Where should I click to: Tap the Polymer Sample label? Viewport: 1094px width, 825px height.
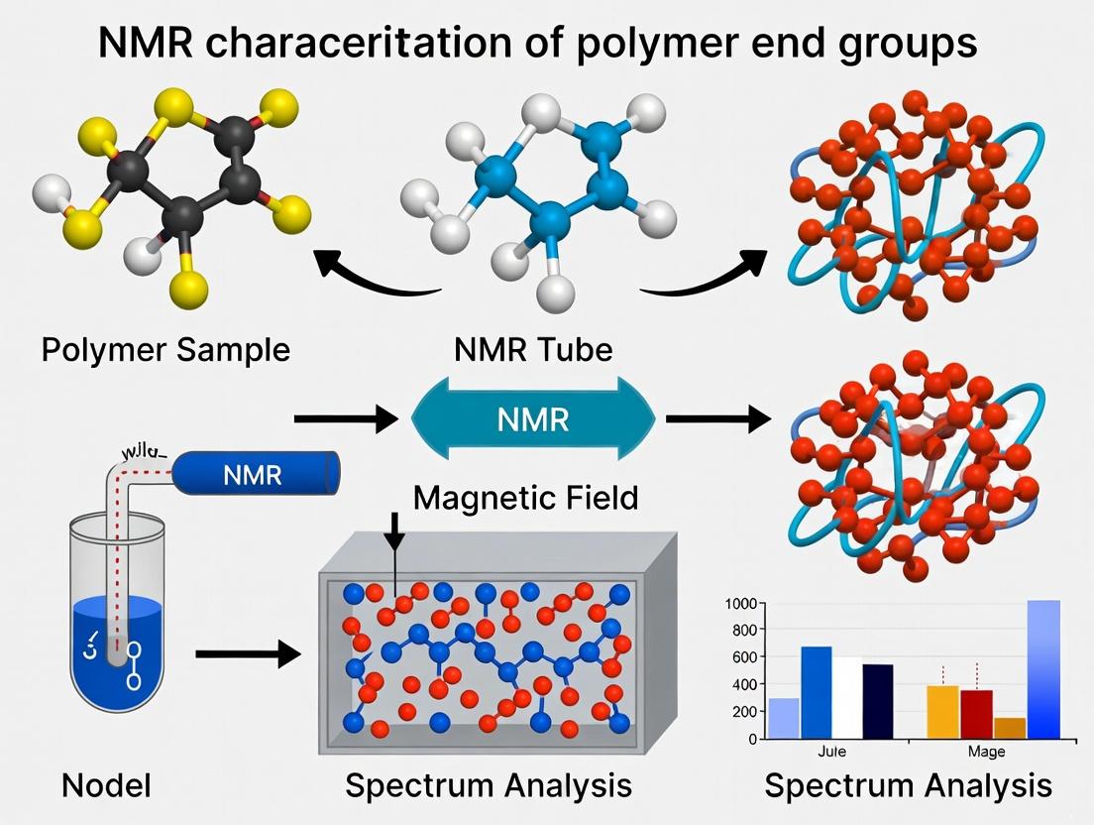pyautogui.click(x=165, y=350)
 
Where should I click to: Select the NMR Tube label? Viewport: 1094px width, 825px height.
pyautogui.click(x=533, y=350)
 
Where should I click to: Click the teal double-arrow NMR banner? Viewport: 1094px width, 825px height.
pyautogui.click(x=533, y=418)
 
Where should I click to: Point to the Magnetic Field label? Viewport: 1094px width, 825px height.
pyautogui.click(x=525, y=497)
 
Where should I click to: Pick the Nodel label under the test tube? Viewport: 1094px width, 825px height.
pyautogui.click(x=106, y=785)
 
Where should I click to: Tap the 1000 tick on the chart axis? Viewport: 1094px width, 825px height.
pyautogui.click(x=740, y=604)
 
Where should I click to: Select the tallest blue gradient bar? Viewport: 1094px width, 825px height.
pyautogui.click(x=1043, y=669)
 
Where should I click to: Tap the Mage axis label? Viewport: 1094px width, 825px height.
pyautogui.click(x=985, y=752)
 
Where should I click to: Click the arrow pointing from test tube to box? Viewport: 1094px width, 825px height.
pyautogui.click(x=248, y=653)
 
